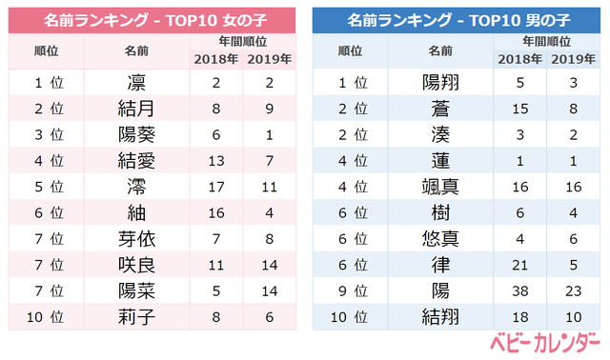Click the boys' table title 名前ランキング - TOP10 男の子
[460, 19]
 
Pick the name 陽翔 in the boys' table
[438, 83]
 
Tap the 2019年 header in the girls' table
[270, 58]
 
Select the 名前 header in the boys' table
[438, 50]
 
